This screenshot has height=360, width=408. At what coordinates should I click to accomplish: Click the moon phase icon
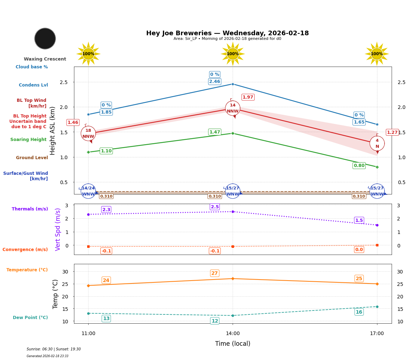(45, 38)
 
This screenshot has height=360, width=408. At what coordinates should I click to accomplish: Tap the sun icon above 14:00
(233, 54)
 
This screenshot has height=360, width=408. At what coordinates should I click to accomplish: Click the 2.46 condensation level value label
(214, 82)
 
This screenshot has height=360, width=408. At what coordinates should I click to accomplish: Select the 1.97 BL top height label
(248, 97)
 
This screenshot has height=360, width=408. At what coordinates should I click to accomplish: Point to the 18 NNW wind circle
(88, 134)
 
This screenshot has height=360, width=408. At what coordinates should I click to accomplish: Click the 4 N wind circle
(377, 144)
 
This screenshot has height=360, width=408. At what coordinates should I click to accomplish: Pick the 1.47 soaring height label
(214, 132)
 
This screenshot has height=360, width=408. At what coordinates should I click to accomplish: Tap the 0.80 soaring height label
(359, 166)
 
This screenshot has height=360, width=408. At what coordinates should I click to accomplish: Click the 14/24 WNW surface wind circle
(88, 191)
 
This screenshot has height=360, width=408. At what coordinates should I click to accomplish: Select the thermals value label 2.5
(214, 207)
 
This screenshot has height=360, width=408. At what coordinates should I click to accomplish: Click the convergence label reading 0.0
(359, 250)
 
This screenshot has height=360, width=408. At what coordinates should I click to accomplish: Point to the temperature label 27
(214, 273)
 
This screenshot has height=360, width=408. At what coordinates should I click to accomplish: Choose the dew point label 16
(359, 312)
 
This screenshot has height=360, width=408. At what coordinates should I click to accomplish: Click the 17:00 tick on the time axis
(377, 334)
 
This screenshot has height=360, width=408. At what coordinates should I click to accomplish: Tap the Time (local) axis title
(233, 344)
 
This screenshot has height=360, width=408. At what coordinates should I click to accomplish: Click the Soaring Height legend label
(28, 140)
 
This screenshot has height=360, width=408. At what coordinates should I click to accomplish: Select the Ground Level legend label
(32, 158)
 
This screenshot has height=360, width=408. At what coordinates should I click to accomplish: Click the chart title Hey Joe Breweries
(227, 33)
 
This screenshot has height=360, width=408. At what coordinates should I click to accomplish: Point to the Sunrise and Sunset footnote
(54, 349)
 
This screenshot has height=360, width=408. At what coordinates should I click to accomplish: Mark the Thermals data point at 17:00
(377, 225)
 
